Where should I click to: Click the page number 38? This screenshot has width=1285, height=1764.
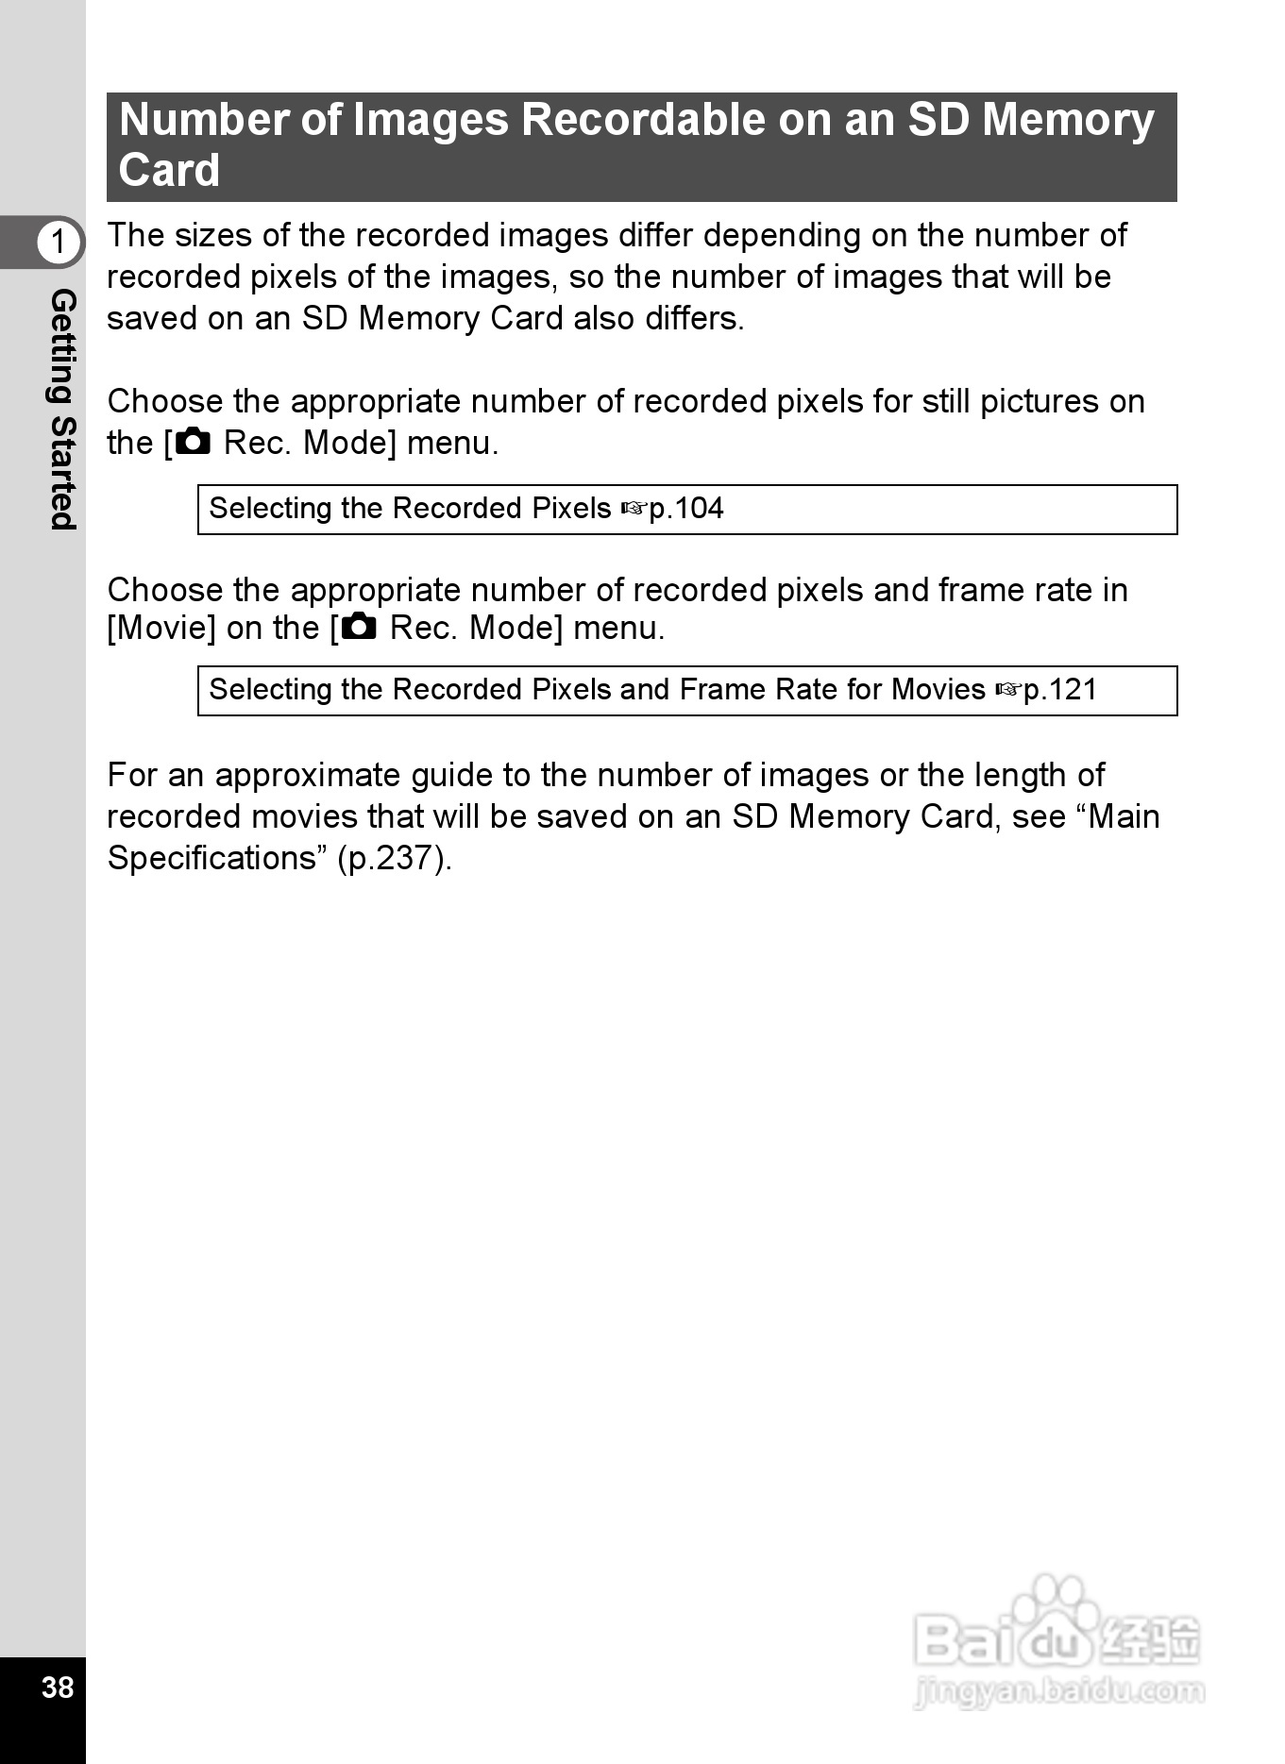pos(57,1687)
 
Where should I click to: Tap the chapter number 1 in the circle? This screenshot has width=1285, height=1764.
pos(58,242)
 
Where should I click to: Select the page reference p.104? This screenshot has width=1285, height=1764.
pos(686,509)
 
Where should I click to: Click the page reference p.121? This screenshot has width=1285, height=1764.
pos(1060,690)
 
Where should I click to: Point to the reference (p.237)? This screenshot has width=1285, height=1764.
pos(395,858)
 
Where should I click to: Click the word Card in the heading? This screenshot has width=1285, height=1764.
pos(169,171)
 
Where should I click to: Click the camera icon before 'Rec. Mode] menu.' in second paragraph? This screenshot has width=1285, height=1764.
pos(194,442)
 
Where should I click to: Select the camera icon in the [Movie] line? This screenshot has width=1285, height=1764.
pos(360,627)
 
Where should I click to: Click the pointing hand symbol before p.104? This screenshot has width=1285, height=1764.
pos(634,510)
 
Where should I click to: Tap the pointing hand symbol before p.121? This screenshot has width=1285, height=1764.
pos(1007,691)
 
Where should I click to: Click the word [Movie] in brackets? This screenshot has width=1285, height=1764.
pos(161,628)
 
